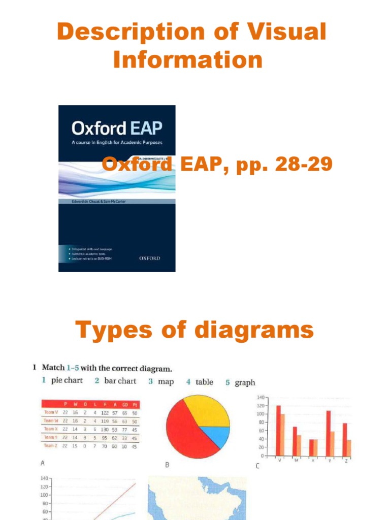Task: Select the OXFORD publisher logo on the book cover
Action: click(149, 258)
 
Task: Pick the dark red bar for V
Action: click(278, 430)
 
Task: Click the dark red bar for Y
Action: click(329, 433)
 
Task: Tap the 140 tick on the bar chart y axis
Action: click(261, 397)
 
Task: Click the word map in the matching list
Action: click(166, 381)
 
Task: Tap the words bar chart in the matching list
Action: click(120, 381)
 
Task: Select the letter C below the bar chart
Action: click(257, 466)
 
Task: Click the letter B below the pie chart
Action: click(167, 465)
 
